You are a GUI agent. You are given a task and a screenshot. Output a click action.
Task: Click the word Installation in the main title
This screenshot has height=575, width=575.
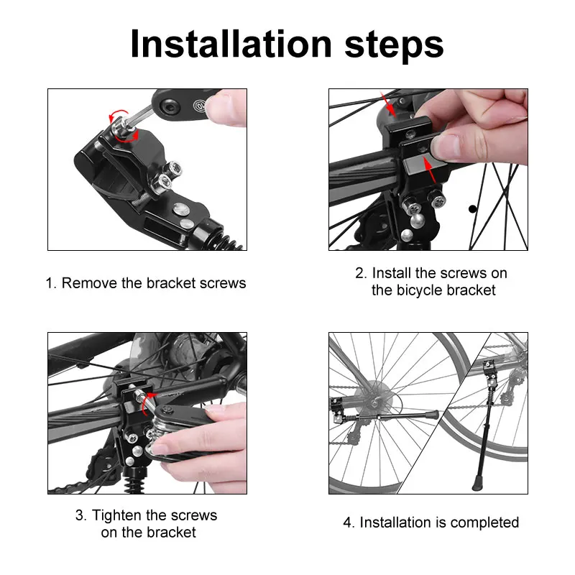(x=231, y=44)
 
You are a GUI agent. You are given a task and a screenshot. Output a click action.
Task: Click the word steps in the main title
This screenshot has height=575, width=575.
(x=394, y=46)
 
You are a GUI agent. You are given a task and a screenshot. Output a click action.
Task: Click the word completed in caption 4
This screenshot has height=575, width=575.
(x=484, y=523)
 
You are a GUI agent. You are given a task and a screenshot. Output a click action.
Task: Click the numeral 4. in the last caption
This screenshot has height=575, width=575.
(x=349, y=523)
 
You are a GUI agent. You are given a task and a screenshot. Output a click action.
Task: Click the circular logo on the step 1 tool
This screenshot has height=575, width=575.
(x=201, y=106)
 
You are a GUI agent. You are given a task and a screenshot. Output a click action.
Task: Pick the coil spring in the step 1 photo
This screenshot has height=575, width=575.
(x=230, y=243)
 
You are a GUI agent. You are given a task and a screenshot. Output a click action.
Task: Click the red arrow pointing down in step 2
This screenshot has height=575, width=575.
(x=388, y=105)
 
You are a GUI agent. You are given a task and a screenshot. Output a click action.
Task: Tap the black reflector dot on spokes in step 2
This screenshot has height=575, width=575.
(x=473, y=209)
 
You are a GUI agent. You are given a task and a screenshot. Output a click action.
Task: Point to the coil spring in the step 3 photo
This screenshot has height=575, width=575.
(x=132, y=483)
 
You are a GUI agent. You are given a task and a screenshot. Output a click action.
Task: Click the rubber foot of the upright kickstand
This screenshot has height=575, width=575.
(x=477, y=483)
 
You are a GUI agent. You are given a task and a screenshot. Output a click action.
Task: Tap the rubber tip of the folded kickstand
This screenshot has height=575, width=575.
(x=432, y=415)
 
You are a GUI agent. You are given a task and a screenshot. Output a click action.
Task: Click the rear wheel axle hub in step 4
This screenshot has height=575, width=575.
(x=374, y=404)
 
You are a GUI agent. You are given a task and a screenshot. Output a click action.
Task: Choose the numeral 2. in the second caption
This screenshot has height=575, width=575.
(x=362, y=273)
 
